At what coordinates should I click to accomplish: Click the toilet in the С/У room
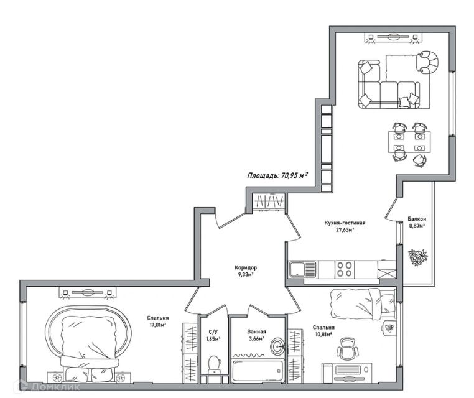pyautogui.click(x=214, y=365)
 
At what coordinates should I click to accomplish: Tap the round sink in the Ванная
pyautogui.click(x=277, y=346)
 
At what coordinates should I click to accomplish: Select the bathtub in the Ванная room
pyautogui.click(x=258, y=370)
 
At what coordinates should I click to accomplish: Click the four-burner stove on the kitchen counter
pyautogui.click(x=345, y=269)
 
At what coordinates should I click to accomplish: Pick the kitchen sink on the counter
pyautogui.click(x=303, y=269)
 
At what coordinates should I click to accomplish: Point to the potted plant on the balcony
pyautogui.click(x=417, y=257)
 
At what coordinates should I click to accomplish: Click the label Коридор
pyautogui.click(x=246, y=267)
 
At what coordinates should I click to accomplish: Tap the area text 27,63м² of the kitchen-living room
pyautogui.click(x=345, y=229)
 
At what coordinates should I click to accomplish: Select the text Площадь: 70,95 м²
pyautogui.click(x=277, y=175)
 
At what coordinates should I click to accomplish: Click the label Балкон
pyautogui.click(x=417, y=219)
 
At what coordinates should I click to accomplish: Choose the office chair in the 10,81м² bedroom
pyautogui.click(x=348, y=349)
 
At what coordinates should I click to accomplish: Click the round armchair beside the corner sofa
pyautogui.click(x=427, y=62)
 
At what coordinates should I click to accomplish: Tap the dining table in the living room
pyautogui.click(x=409, y=142)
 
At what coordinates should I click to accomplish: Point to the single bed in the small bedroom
pyautogui.click(x=363, y=303)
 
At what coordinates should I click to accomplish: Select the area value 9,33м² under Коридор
pyautogui.click(x=246, y=274)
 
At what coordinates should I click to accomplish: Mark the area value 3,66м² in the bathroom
pyautogui.click(x=256, y=339)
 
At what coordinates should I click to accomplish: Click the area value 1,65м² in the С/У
pyautogui.click(x=213, y=339)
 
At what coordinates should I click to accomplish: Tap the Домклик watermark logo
pyautogui.click(x=49, y=387)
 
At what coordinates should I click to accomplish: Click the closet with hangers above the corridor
pyautogui.click(x=269, y=201)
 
